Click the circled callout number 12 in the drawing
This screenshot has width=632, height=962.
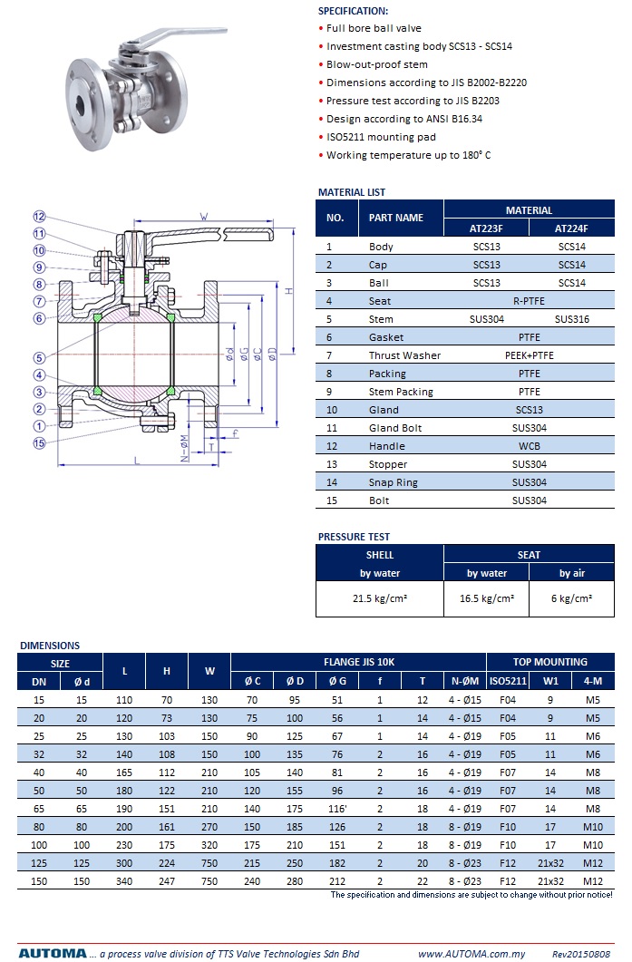(x=39, y=217)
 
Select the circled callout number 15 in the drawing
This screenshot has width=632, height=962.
(x=39, y=443)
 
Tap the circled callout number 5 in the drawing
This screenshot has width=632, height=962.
(x=39, y=357)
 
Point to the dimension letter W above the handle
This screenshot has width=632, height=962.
(x=204, y=217)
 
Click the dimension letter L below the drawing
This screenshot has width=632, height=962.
(x=136, y=460)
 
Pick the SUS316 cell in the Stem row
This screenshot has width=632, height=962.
(x=571, y=319)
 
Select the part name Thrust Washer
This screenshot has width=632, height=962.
(x=404, y=355)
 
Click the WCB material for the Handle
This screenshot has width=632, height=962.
(x=529, y=446)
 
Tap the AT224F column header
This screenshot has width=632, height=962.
(x=571, y=228)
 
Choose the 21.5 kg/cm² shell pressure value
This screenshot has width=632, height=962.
(x=380, y=598)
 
